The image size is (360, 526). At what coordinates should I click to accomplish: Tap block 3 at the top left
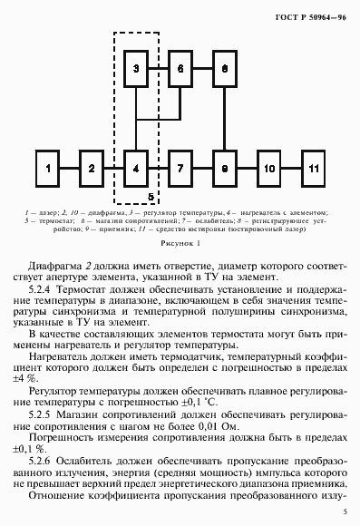point(135,70)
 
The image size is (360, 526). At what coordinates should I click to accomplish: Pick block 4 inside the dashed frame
point(135,169)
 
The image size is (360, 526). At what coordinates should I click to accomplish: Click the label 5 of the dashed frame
point(151,195)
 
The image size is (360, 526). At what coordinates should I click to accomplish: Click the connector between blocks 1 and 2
point(69,169)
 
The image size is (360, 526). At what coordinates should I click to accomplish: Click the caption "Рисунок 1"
point(180,243)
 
